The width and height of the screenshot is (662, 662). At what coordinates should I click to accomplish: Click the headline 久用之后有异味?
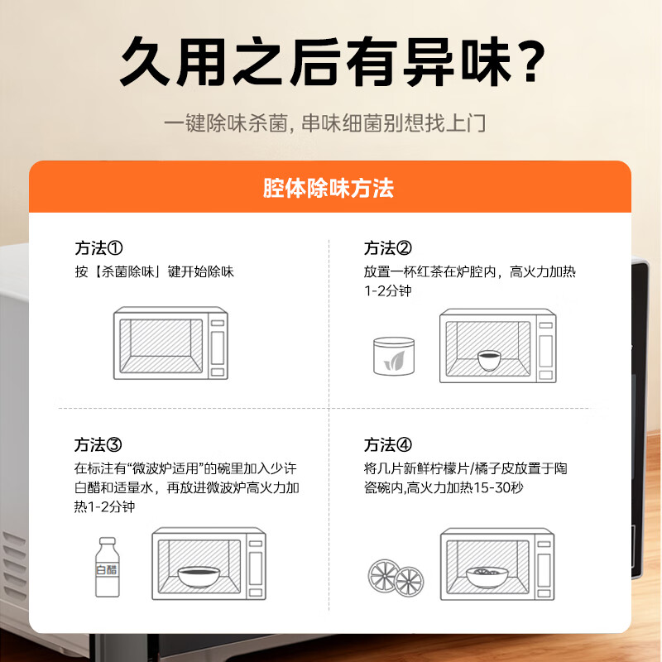331,62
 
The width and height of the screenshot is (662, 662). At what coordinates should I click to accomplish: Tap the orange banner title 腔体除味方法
329,188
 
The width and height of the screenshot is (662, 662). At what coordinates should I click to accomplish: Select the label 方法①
98,248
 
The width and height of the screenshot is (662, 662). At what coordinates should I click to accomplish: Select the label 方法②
388,248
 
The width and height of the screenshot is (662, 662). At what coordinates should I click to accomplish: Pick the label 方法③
98,445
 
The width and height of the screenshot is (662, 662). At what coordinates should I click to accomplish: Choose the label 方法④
388,445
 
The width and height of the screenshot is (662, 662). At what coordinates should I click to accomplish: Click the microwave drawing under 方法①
170,344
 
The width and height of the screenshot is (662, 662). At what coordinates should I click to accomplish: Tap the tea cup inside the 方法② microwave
490,357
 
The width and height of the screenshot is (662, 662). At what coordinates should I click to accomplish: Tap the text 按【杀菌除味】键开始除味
154,271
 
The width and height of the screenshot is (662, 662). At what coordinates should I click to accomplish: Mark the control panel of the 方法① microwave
217,344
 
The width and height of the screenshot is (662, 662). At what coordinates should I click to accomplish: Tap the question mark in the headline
525,62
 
